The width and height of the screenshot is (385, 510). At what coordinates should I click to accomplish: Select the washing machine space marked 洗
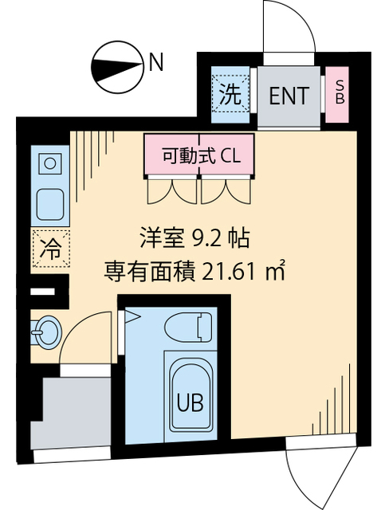pyautogui.click(x=230, y=96)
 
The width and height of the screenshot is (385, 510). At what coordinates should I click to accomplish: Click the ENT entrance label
pyautogui.click(x=288, y=96)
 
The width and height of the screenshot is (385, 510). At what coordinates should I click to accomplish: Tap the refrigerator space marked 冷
pyautogui.click(x=49, y=247)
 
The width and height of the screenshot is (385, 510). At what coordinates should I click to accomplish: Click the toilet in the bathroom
pyautogui.click(x=187, y=328)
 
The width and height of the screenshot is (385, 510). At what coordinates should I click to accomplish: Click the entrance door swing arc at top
pyautogui.click(x=291, y=28)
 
